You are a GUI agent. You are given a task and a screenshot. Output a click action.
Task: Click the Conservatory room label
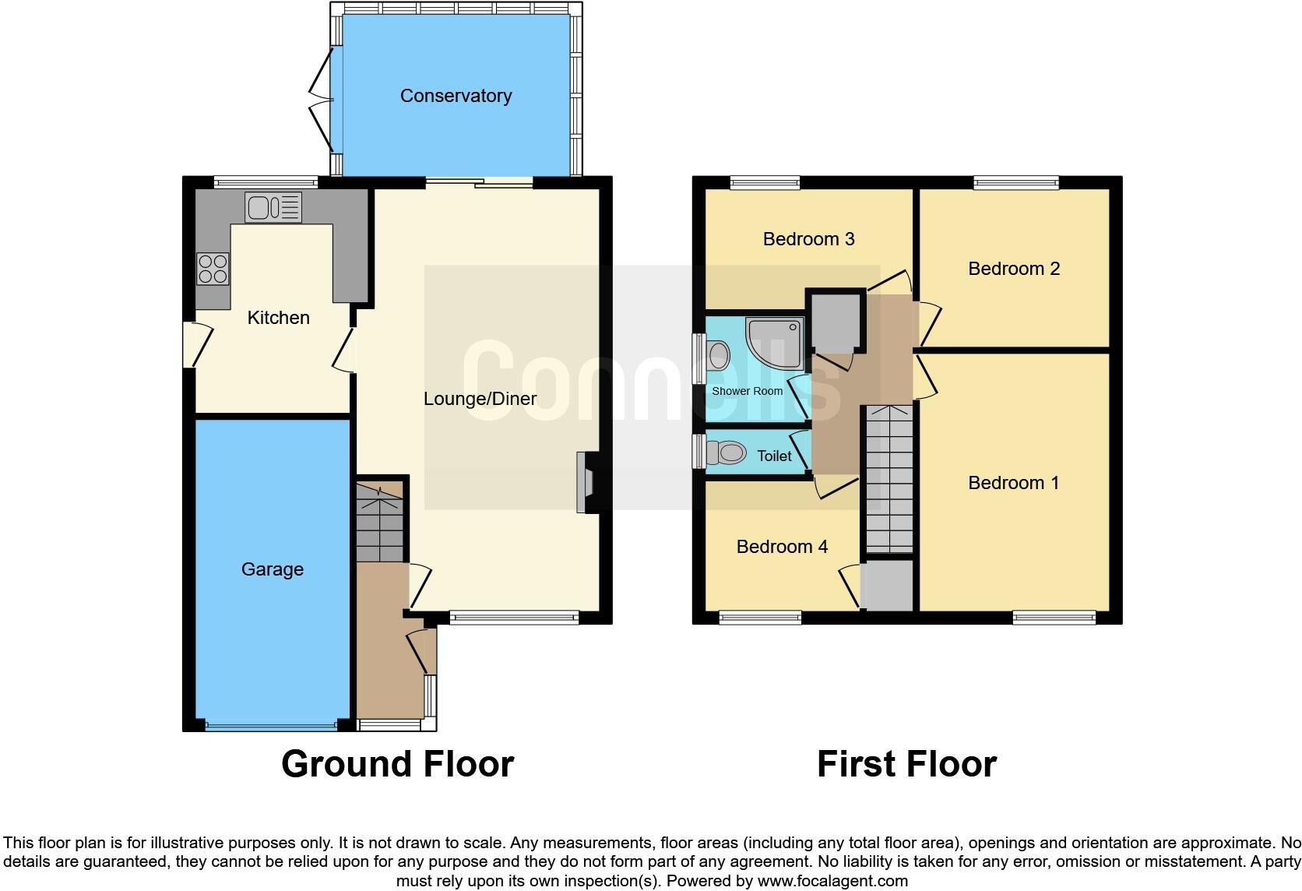tap(456, 96)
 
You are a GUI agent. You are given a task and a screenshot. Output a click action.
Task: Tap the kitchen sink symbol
tap(273, 207)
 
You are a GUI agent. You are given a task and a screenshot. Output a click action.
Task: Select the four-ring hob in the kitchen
tap(213, 269)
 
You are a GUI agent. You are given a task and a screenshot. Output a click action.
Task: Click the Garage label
tap(272, 569)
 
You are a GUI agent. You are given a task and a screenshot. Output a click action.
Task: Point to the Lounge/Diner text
tap(480, 399)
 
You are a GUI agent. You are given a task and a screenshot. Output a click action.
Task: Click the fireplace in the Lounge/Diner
tap(584, 483)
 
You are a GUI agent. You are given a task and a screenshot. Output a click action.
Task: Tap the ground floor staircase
tap(380, 522)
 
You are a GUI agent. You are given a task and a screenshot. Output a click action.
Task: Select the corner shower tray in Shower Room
tap(775, 342)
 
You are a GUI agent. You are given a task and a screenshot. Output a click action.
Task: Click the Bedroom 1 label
tap(1013, 483)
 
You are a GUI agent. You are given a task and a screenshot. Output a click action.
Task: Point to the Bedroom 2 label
tap(1013, 269)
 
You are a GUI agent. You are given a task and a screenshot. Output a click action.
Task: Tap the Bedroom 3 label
tap(808, 239)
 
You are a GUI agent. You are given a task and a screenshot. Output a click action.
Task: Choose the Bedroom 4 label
tap(781, 547)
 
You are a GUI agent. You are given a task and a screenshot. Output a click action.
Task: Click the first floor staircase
tap(889, 479)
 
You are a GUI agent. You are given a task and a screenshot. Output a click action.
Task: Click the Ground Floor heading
tap(397, 764)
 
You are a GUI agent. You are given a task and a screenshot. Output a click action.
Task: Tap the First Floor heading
tap(906, 764)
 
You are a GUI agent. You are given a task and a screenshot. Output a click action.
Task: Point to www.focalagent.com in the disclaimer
tap(832, 881)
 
